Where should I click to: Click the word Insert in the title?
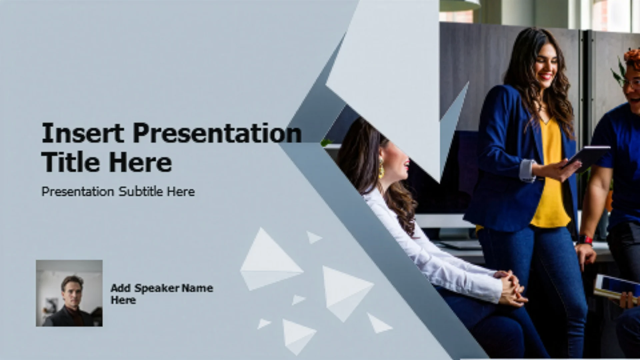[x=83, y=133]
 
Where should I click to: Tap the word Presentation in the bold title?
[x=217, y=133]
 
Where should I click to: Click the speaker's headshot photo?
[x=69, y=293]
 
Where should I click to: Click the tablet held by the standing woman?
[x=587, y=158]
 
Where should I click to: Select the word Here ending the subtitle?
[x=181, y=191]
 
